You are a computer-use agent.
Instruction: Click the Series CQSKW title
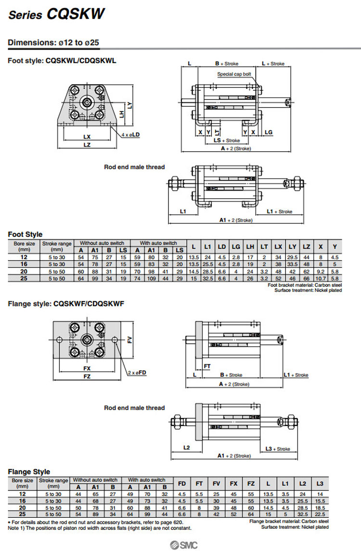coord(57,14)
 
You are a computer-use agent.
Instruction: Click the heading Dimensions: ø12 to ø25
coord(53,42)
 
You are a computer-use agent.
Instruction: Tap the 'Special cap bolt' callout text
coord(234,74)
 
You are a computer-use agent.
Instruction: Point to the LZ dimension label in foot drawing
coord(87,144)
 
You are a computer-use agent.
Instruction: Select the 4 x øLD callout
coord(130,135)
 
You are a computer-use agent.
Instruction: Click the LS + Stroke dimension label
coord(227,140)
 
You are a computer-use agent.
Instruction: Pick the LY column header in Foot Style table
coord(292,247)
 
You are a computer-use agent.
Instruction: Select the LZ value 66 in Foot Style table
coord(307,278)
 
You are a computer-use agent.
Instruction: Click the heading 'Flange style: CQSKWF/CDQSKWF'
coord(66,303)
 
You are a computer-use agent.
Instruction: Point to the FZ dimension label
coord(87,376)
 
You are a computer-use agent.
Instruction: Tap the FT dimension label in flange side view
coord(207,366)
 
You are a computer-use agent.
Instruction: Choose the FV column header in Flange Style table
coord(216,483)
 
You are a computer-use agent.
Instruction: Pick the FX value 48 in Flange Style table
coord(233,507)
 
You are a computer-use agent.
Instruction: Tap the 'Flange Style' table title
coord(29,472)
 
